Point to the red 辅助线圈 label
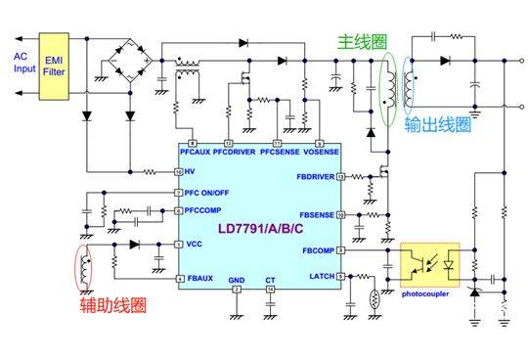[112, 306]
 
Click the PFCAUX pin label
[198, 155]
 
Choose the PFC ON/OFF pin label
[213, 193]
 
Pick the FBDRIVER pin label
[315, 178]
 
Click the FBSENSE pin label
[317, 213]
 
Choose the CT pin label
[270, 281]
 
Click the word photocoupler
[428, 292]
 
